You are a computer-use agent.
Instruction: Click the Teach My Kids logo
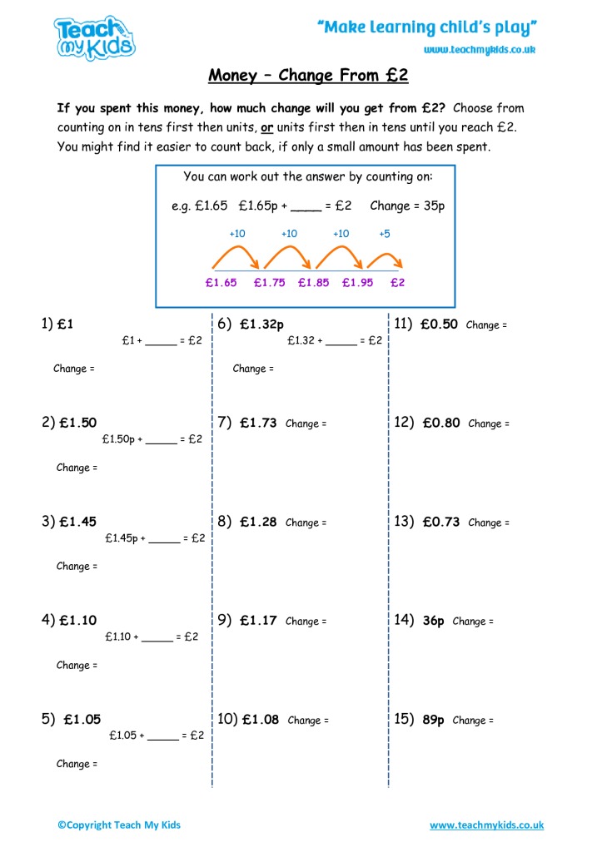pos(94,38)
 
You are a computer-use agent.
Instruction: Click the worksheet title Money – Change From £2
pos(308,76)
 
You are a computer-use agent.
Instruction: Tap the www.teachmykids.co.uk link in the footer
pos(486,825)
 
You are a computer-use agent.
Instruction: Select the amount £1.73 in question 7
pos(258,423)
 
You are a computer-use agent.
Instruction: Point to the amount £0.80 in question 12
pos(440,423)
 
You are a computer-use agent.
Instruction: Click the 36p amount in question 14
pos(434,621)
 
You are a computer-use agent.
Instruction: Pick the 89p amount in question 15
pos(434,720)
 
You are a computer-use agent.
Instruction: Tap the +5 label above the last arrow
pos(384,234)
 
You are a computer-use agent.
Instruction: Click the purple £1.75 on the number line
pos(269,282)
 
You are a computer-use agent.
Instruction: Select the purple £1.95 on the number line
pos(357,282)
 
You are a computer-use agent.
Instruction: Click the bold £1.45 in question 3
pos(77,522)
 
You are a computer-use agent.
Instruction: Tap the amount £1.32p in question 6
pos(262,324)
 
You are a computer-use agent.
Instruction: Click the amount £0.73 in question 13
pos(440,522)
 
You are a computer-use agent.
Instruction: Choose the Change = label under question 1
pos(74,369)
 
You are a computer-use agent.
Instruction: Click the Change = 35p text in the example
pos(407,206)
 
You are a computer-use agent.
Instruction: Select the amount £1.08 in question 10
pos(261,720)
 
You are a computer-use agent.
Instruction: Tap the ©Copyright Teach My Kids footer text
pos(119,825)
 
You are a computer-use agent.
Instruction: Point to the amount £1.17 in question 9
pos(258,621)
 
